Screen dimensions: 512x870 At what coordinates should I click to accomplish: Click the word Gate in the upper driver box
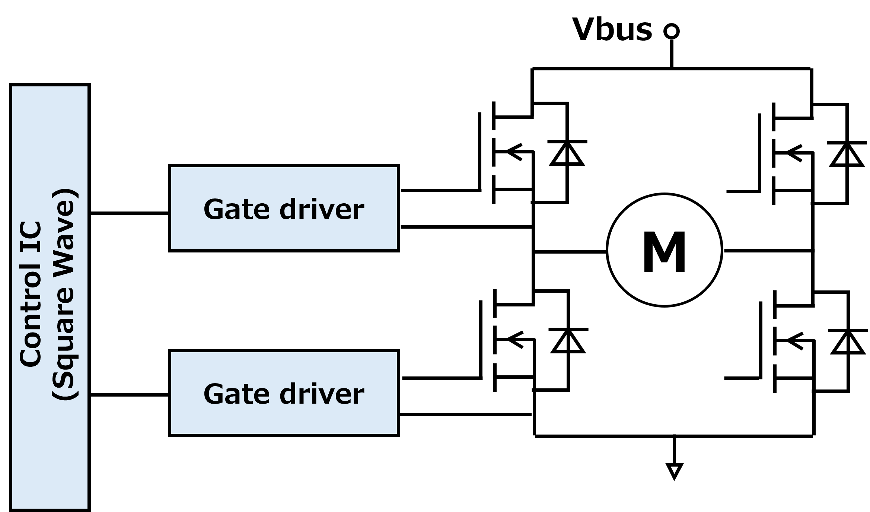coord(236,209)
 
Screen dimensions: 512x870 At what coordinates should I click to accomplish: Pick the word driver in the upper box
coord(322,209)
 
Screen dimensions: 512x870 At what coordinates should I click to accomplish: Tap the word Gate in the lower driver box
coord(236,394)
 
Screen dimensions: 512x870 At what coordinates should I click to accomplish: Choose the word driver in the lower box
coord(322,394)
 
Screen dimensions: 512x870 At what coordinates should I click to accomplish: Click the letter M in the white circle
coord(665,252)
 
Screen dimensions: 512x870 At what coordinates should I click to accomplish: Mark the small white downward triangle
coord(674,470)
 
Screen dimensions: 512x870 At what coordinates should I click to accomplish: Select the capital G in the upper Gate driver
coord(213,209)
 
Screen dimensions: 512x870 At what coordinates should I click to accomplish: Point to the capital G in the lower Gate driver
coord(213,394)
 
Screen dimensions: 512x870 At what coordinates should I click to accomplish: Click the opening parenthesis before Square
coord(66,395)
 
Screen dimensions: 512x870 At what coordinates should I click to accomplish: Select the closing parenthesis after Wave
coord(66,195)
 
